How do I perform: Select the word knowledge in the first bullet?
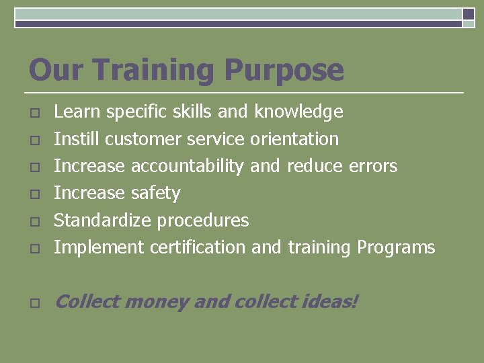point(298,112)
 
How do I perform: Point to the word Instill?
point(77,139)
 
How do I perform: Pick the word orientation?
point(294,139)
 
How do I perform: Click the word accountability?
point(187,166)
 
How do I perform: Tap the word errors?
point(373,166)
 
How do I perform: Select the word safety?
point(155,194)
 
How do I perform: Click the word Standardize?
point(102,220)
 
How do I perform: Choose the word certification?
point(198,248)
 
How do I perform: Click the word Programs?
point(396,248)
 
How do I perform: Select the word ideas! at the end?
point(329,302)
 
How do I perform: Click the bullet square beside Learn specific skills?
point(34,112)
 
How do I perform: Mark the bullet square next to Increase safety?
point(34,194)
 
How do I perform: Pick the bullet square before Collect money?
point(34,303)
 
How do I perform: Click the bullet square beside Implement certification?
point(34,249)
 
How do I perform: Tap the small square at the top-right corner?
point(469,14)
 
